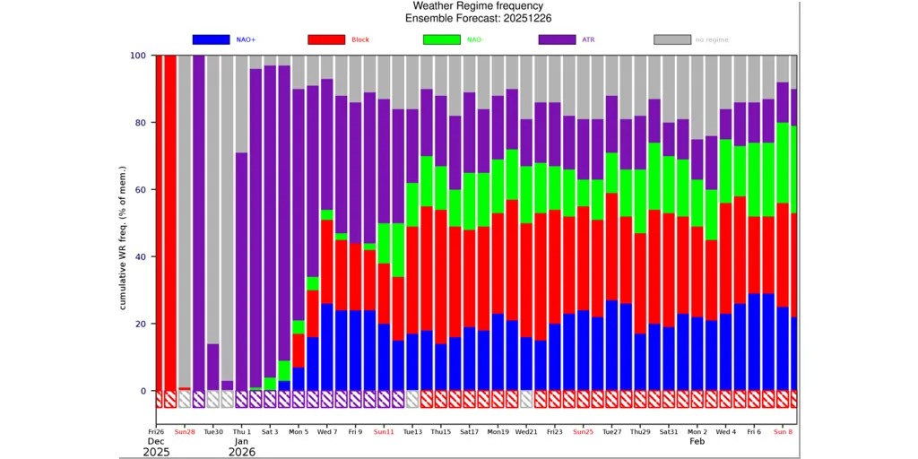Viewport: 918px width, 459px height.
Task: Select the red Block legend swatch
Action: pyautogui.click(x=325, y=39)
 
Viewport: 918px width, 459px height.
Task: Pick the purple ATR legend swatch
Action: pyautogui.click(x=556, y=39)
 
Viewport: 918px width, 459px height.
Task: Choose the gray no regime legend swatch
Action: pyautogui.click(x=671, y=39)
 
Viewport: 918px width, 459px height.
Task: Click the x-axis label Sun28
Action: pyautogui.click(x=185, y=431)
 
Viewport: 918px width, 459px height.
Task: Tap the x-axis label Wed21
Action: pyautogui.click(x=526, y=431)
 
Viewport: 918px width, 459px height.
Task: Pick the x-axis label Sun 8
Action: pyautogui.click(x=783, y=431)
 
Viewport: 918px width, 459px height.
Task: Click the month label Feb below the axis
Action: pyautogui.click(x=697, y=441)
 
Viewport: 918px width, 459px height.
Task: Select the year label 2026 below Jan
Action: pyautogui.click(x=241, y=453)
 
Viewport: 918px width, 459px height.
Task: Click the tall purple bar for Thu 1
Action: pyautogui.click(x=241, y=269)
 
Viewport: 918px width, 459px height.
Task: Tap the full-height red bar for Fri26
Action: pyautogui.click(x=159, y=224)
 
